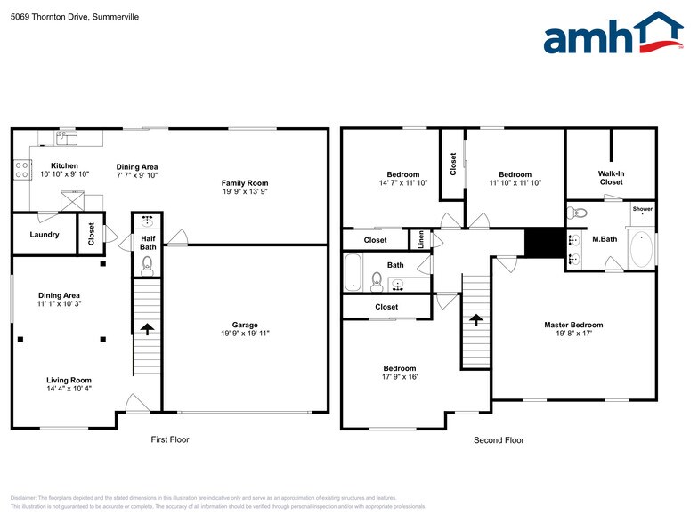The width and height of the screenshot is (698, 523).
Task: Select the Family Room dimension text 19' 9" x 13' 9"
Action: (x=245, y=192)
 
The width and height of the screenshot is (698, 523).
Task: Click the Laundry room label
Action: (x=45, y=235)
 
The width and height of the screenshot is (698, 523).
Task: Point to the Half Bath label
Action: (x=149, y=243)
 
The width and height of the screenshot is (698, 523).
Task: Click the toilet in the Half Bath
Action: (x=148, y=264)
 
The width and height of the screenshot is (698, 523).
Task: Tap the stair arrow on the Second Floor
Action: (x=476, y=318)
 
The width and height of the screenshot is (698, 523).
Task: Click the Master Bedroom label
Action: (x=573, y=325)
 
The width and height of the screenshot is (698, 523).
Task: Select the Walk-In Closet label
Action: (x=611, y=178)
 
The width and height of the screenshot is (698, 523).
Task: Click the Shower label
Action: (x=642, y=209)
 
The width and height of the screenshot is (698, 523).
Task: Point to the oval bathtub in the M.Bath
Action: (x=641, y=250)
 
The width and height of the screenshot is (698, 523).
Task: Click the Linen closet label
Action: (x=422, y=239)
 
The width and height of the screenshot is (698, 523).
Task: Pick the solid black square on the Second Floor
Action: (x=539, y=242)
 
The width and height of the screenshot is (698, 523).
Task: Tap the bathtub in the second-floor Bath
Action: (x=354, y=271)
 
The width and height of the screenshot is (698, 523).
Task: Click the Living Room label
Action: (x=69, y=380)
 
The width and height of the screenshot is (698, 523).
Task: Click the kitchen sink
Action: (x=67, y=138)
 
